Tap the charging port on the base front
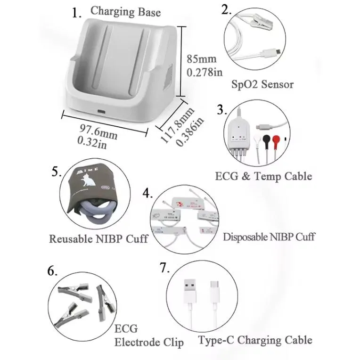(x=102, y=112)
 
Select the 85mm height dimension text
(x=202, y=59)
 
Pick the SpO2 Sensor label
(x=262, y=84)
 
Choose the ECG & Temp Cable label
(x=263, y=176)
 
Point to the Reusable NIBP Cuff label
(x=98, y=238)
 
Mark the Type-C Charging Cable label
(x=255, y=340)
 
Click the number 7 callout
(x=164, y=269)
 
